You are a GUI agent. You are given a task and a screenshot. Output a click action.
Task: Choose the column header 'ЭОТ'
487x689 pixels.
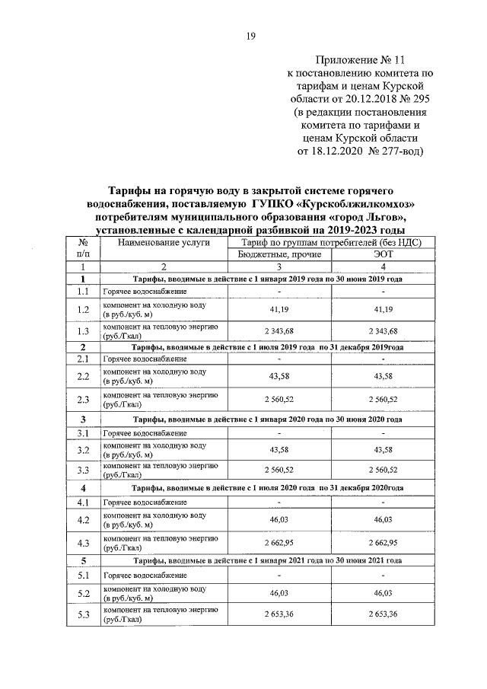383,255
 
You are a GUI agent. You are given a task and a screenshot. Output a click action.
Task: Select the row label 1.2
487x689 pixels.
84,310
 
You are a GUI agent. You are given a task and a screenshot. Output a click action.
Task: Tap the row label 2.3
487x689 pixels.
84,399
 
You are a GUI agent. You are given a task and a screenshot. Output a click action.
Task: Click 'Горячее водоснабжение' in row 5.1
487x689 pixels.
145,576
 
